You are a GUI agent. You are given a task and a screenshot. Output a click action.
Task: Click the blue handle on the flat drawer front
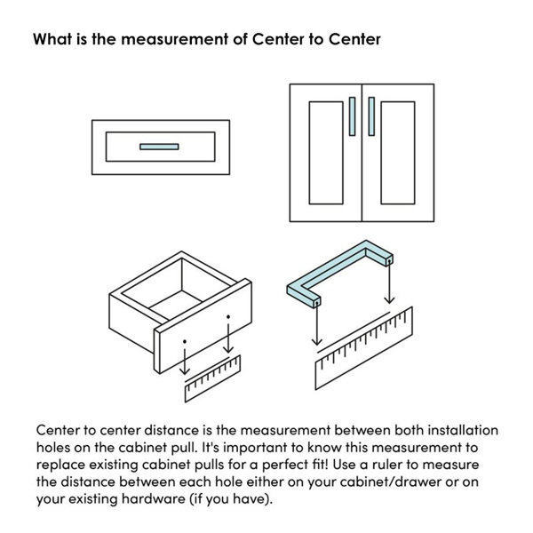pyautogui.click(x=159, y=147)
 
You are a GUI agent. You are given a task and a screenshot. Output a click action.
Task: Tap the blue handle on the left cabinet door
pyautogui.click(x=352, y=116)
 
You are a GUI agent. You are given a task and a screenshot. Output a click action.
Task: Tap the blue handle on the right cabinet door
pyautogui.click(x=371, y=116)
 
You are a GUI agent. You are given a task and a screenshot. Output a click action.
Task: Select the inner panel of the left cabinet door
pyautogui.click(x=326, y=153)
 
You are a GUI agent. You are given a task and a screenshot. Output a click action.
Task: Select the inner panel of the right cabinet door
pyautogui.click(x=398, y=153)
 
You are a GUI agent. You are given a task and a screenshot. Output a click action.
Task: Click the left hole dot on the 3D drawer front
pyautogui.click(x=185, y=341)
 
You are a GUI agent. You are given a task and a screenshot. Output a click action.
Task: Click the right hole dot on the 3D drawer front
pyautogui.click(x=228, y=316)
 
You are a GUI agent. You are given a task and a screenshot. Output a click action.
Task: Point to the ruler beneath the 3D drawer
pyautogui.click(x=213, y=378)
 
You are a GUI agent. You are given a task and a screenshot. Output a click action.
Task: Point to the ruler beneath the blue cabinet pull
pyautogui.click(x=364, y=348)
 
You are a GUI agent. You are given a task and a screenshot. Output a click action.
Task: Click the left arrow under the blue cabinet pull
pyautogui.click(x=317, y=323)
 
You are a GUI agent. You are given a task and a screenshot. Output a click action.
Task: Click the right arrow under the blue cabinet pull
pyautogui.click(x=389, y=282)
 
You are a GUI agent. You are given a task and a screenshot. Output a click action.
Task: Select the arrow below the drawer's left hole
pyautogui.click(x=185, y=362)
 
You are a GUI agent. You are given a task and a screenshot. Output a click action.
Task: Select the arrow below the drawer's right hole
pyautogui.click(x=228, y=338)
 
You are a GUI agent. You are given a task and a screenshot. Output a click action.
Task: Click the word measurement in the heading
pyautogui.click(x=175, y=39)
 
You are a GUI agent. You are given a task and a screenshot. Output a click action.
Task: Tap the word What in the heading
pyautogui.click(x=52, y=39)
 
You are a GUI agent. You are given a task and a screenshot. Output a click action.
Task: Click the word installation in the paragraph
pyautogui.click(x=463, y=430)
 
